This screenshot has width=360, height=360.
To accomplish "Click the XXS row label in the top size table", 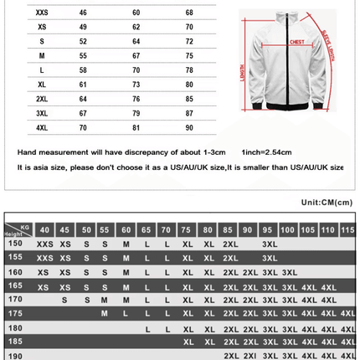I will pyautogui.click(x=42, y=13).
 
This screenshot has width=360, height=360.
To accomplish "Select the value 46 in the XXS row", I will pyautogui.click(x=83, y=13).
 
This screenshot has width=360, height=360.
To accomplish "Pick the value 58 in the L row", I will pyautogui.click(x=83, y=70).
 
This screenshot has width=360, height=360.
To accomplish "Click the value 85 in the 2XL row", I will pyautogui.click(x=189, y=99).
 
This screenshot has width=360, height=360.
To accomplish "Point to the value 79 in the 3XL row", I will pyautogui.click(x=136, y=113).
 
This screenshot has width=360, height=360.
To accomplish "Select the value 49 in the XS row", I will pyautogui.click(x=83, y=27).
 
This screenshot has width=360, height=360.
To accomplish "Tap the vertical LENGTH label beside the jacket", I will pyautogui.click(x=243, y=77).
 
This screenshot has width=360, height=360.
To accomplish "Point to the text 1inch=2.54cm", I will pyautogui.click(x=266, y=152).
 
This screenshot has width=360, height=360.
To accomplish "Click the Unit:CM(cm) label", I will pyautogui.click(x=327, y=202).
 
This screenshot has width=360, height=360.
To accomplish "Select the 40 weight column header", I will pyautogui.click(x=44, y=229).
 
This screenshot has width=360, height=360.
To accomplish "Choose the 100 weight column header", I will pyautogui.click(x=288, y=229).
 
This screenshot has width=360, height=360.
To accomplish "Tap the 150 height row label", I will pyautogui.click(x=15, y=243).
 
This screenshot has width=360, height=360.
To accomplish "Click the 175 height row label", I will pyautogui.click(x=15, y=312).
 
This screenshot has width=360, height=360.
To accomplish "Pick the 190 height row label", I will pyautogui.click(x=15, y=355).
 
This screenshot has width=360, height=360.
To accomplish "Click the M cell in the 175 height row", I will pyautogui.click(x=105, y=312).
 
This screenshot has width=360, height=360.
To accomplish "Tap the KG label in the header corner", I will pyautogui.click(x=24, y=225).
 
